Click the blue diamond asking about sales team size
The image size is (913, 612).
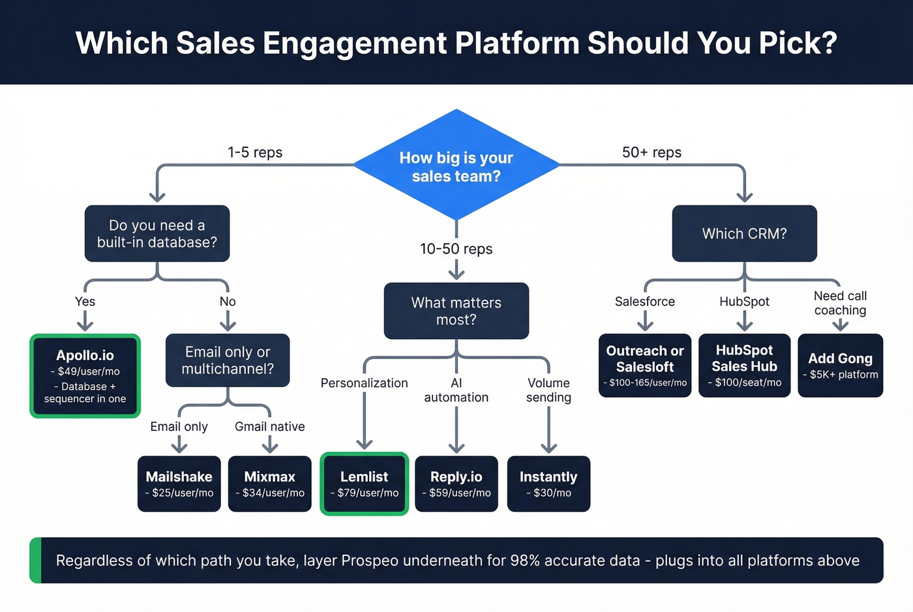click(x=456, y=166)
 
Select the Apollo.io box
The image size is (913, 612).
click(x=85, y=376)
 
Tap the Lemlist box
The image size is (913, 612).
click(x=364, y=484)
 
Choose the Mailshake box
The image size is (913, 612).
click(x=179, y=484)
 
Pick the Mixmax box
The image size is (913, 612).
click(x=269, y=484)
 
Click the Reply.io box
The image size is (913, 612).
click(x=456, y=484)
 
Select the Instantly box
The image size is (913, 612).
click(x=548, y=484)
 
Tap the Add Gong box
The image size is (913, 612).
click(x=840, y=366)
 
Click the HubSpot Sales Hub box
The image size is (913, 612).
click(x=744, y=366)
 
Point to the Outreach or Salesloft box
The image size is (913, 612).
click(x=645, y=366)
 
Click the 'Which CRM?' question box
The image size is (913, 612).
click(x=744, y=233)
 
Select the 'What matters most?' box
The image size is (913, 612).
click(x=456, y=311)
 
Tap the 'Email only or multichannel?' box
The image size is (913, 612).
click(x=228, y=360)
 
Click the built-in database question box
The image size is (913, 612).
click(x=157, y=233)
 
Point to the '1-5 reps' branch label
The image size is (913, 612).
click(x=255, y=153)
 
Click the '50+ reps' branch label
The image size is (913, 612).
click(x=651, y=153)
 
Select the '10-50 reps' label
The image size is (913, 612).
click(x=456, y=249)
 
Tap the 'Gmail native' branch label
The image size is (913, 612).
click(x=269, y=427)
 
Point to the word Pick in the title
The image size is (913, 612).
click(x=800, y=43)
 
